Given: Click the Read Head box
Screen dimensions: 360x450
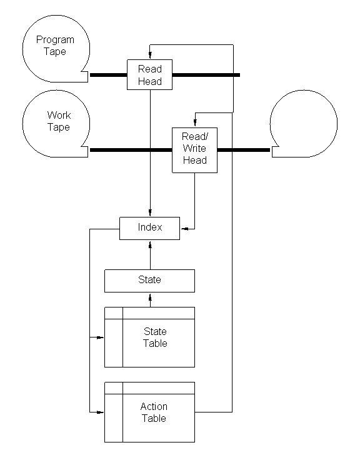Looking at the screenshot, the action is point(149,74).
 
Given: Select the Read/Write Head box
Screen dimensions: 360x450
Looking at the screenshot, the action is point(194,150).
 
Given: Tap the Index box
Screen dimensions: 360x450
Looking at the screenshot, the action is point(149,228).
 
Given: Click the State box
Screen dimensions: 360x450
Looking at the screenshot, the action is point(149,281).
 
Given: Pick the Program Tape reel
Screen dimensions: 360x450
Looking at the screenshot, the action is point(56,49).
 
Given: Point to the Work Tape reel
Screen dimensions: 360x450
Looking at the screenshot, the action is point(56,124).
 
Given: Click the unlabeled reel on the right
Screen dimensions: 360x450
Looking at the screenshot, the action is point(304,124).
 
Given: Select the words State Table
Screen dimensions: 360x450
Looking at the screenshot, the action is point(155,337).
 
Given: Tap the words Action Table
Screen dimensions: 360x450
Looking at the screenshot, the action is point(154,412).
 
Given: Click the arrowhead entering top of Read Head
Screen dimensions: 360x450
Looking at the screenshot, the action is point(150,55).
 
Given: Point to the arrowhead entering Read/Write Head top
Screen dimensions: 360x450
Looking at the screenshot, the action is point(195,123).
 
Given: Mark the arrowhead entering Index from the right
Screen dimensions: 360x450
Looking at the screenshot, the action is point(184,229).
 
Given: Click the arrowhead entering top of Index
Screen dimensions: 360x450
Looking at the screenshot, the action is point(150,212).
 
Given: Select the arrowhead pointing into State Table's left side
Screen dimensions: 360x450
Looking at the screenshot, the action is point(100,337).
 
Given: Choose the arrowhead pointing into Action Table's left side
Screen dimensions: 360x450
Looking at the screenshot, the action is point(100,412).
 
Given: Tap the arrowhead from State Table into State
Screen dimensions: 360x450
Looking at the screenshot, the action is point(150,297).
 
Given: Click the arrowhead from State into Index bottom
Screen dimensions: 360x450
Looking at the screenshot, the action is point(150,244).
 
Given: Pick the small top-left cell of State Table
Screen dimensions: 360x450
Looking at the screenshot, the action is point(114,313).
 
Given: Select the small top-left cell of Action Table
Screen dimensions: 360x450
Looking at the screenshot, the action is point(114,388).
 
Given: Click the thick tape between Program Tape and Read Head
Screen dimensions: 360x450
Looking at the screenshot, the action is point(109,75).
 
